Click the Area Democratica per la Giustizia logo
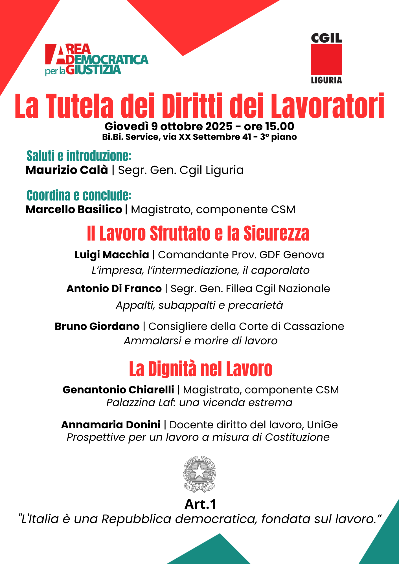click(97, 60)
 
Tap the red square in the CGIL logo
click(326, 60)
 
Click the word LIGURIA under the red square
click(326, 80)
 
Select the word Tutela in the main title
click(80, 106)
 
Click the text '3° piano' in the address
click(278, 137)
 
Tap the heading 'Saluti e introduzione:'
click(79, 156)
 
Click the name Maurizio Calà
click(67, 170)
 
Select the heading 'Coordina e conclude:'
click(79, 195)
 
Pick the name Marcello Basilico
click(74, 210)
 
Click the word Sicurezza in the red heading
click(276, 233)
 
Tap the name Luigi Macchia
click(112, 255)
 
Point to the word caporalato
click(280, 270)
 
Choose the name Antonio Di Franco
click(114, 288)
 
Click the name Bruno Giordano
click(97, 326)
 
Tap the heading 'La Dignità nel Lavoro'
click(201, 369)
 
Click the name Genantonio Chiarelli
click(118, 390)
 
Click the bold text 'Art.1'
click(200, 504)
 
